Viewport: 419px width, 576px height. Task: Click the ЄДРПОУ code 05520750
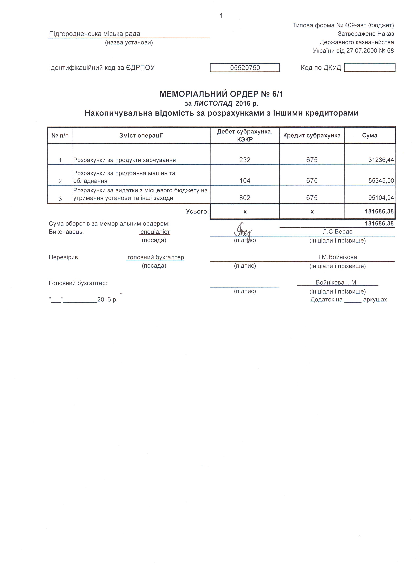pyautogui.click(x=245, y=68)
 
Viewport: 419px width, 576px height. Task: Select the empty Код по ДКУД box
pyautogui.click(x=370, y=68)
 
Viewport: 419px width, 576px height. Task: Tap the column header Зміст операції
pyautogui.click(x=141, y=136)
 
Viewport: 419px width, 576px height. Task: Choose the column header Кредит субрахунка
pyautogui.click(x=312, y=136)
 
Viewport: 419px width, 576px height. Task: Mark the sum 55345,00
pyautogui.click(x=381, y=181)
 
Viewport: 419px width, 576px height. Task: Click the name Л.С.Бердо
pyautogui.click(x=337, y=232)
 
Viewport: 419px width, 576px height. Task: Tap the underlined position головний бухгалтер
pyautogui.click(x=155, y=257)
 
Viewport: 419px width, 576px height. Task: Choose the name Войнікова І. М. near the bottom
pyautogui.click(x=337, y=283)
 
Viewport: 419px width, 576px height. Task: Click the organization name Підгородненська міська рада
pyautogui.click(x=95, y=34)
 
